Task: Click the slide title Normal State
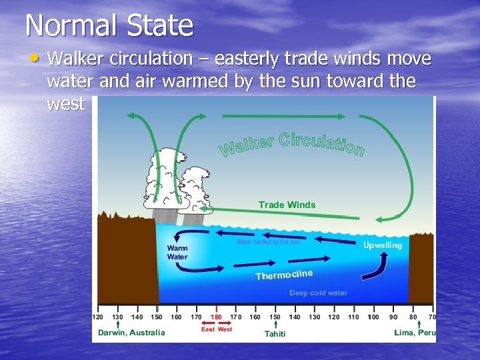pos(109,26)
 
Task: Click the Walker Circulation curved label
pos(292,143)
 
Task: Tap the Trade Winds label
pos(287,205)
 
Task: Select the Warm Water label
pos(177,252)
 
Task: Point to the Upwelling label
pos(382,245)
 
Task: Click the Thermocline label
pos(284,275)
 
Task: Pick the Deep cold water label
pos(318,293)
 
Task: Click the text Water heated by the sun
pos(268,242)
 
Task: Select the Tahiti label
pos(275,333)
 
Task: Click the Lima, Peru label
pos(414,333)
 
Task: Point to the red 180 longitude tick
pos(215,317)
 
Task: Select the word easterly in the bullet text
pos(246,59)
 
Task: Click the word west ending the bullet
pos(66,104)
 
